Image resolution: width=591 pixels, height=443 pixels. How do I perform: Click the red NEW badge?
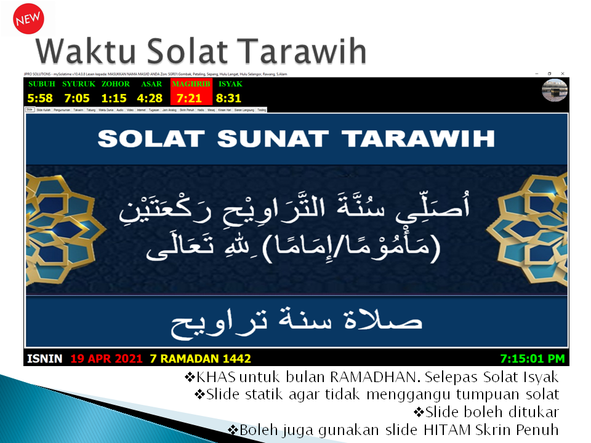(28, 19)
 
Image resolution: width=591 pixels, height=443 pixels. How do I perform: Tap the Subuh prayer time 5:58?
(41, 98)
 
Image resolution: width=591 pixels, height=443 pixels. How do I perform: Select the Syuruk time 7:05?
(77, 98)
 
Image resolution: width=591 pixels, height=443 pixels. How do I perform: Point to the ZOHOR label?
(116, 84)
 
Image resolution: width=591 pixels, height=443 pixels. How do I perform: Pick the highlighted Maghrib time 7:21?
(190, 98)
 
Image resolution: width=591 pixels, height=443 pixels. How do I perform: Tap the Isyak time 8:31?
(229, 98)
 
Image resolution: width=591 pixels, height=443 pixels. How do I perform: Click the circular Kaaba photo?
(554, 90)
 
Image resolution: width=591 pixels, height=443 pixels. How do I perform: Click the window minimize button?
(537, 74)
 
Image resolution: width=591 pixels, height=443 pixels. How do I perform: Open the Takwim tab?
(78, 110)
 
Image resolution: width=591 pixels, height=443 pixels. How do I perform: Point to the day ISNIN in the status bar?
(45, 358)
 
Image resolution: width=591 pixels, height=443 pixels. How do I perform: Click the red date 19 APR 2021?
(106, 358)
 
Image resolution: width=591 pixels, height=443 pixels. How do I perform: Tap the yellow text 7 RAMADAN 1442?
(201, 358)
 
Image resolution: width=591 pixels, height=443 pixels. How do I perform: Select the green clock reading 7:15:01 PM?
(532, 358)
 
